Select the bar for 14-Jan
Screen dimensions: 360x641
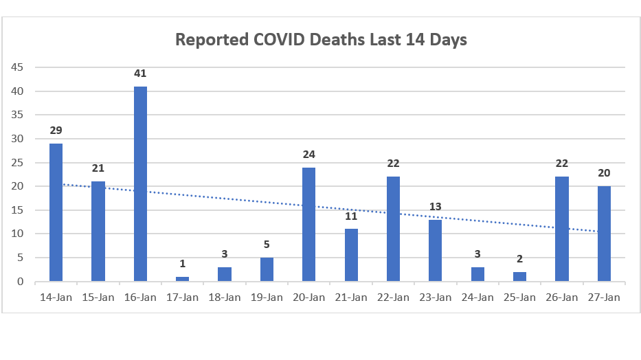point(56,212)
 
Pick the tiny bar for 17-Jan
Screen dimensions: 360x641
point(182,279)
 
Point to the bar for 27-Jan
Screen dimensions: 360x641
point(604,234)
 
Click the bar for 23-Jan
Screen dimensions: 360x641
point(435,250)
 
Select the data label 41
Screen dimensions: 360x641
point(140,74)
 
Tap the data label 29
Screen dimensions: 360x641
point(56,131)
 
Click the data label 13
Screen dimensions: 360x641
point(435,206)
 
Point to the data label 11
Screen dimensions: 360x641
point(351,216)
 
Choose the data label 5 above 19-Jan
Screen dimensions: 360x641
point(267,245)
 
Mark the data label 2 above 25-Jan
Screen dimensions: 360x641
point(519,259)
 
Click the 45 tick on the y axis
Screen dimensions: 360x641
point(16,67)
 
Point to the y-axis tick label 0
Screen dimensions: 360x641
point(20,282)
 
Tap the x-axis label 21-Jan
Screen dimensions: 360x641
point(351,297)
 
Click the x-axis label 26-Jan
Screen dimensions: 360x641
point(562,297)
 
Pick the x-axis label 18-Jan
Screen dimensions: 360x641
point(225,297)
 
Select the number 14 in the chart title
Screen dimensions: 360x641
point(414,39)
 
